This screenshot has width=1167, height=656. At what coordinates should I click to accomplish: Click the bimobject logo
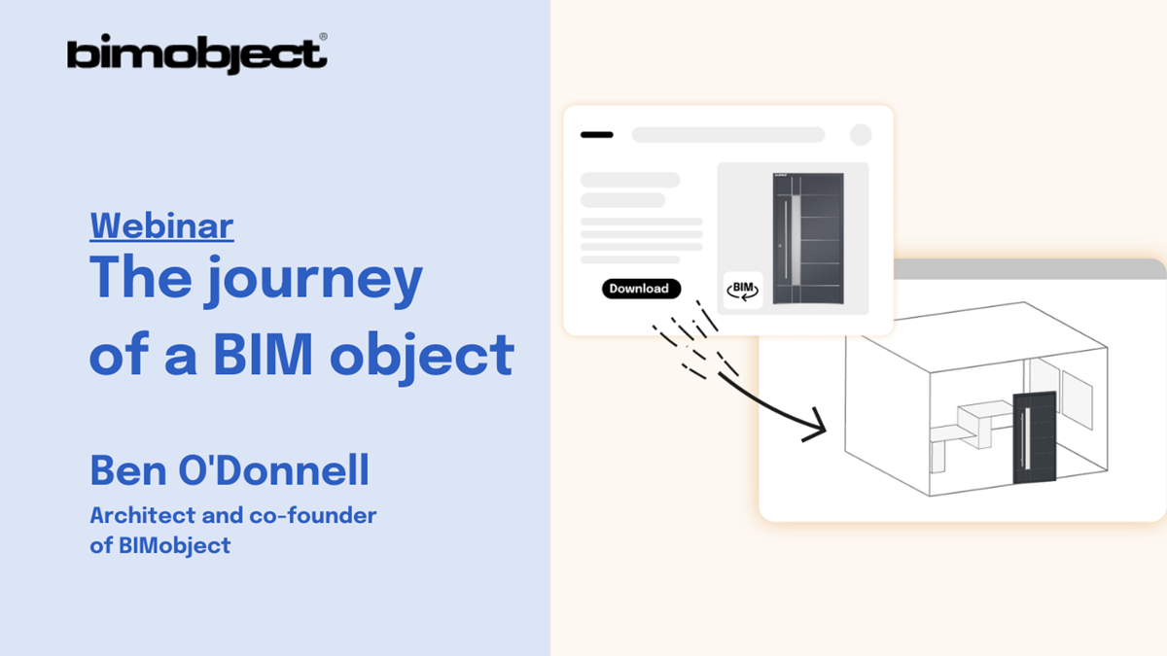coord(195,54)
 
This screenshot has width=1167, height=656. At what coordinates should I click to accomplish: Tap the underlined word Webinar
coord(161,225)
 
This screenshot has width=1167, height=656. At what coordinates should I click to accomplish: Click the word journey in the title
coord(313,280)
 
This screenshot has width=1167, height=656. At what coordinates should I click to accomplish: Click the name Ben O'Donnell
coord(230,471)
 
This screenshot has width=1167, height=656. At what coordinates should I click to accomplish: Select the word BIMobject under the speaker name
coord(174,545)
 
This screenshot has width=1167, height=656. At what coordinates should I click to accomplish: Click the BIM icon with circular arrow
coord(743,290)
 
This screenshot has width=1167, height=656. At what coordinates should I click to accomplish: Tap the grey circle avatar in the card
coord(861,135)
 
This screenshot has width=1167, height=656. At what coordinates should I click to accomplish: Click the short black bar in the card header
coord(596,135)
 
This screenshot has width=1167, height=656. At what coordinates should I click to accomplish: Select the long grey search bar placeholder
coord(728,135)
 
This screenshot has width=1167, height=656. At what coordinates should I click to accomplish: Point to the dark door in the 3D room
coord(1034,437)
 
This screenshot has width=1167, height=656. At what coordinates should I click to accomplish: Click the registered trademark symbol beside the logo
coord(323,38)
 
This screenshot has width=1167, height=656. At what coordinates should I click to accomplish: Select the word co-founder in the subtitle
coord(323,515)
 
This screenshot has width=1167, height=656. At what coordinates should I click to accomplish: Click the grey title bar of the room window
coord(1031,269)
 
